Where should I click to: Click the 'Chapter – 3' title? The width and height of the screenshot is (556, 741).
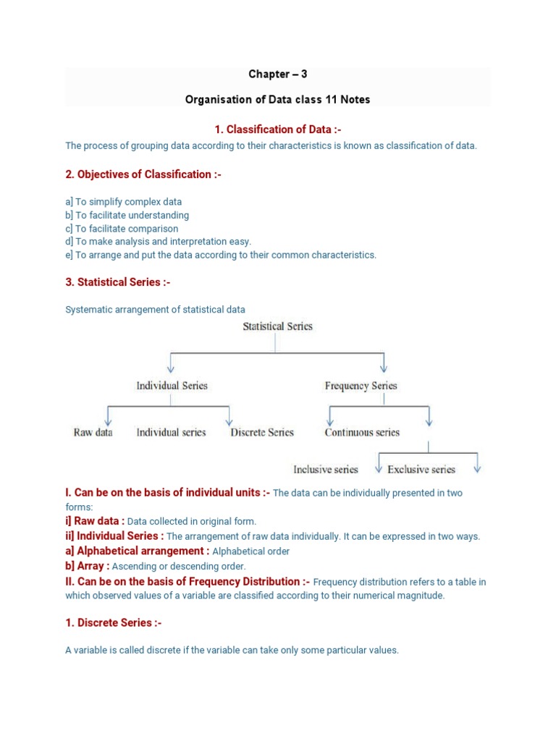(277, 74)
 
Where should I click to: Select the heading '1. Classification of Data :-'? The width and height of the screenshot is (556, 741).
(277, 130)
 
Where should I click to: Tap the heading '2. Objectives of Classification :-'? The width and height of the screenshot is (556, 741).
(143, 174)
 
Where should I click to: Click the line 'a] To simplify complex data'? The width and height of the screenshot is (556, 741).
(124, 202)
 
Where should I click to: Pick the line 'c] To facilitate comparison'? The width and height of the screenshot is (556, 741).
(122, 229)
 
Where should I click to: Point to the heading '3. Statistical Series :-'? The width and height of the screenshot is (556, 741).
(118, 281)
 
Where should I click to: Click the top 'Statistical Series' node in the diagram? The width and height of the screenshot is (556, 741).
(277, 326)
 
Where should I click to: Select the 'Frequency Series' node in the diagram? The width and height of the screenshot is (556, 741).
(361, 386)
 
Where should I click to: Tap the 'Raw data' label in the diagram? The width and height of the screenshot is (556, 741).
(93, 433)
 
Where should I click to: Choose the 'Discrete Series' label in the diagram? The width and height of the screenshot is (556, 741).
(262, 433)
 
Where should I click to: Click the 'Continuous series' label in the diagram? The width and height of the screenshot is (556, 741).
(362, 433)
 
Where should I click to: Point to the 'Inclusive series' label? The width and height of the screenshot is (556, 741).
(325, 470)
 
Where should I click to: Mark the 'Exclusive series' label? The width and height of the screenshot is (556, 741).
(421, 470)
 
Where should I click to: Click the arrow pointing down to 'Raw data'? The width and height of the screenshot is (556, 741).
(108, 417)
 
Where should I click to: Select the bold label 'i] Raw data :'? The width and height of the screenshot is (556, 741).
(95, 521)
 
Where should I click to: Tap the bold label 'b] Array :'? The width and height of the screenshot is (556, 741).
(88, 566)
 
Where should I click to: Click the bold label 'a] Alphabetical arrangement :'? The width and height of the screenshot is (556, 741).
(138, 551)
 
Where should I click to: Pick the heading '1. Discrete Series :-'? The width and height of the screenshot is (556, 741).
(109, 622)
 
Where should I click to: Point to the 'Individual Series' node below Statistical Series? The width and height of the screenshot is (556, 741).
(172, 386)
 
